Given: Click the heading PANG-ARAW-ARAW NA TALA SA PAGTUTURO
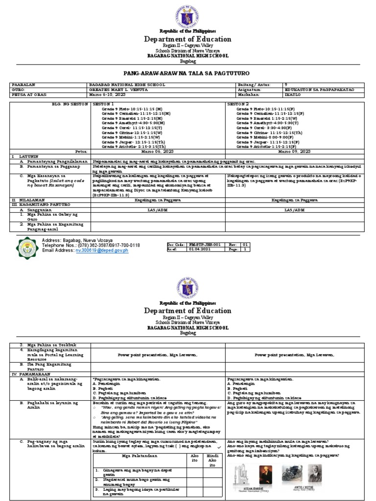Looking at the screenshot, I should click(x=188, y=71).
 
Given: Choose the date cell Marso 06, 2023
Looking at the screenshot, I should click(x=158, y=152).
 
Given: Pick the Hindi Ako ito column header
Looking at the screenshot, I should click(x=211, y=458).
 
